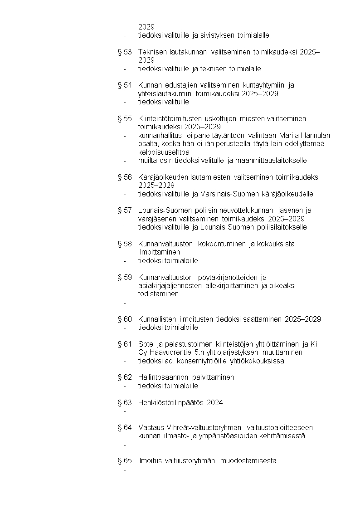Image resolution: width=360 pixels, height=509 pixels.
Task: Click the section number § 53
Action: coord(124,52)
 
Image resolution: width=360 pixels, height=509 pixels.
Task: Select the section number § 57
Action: coord(124,210)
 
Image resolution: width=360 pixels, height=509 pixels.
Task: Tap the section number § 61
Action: coord(124,344)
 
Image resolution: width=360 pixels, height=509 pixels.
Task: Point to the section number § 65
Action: coord(124,461)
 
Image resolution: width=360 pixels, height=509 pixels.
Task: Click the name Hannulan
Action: coord(315,136)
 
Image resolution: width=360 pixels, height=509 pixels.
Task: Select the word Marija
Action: coord(289,136)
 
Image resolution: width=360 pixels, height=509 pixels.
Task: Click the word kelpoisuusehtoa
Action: coord(164,152)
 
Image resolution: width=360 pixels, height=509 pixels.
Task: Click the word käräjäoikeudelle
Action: coord(286,194)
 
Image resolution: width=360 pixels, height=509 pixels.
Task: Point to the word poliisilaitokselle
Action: coord(278,227)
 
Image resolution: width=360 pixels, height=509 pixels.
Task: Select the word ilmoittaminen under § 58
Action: coord(159,252)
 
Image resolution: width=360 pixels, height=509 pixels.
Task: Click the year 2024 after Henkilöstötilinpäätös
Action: coord(215,403)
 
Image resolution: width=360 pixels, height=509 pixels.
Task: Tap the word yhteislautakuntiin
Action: coord(166,94)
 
